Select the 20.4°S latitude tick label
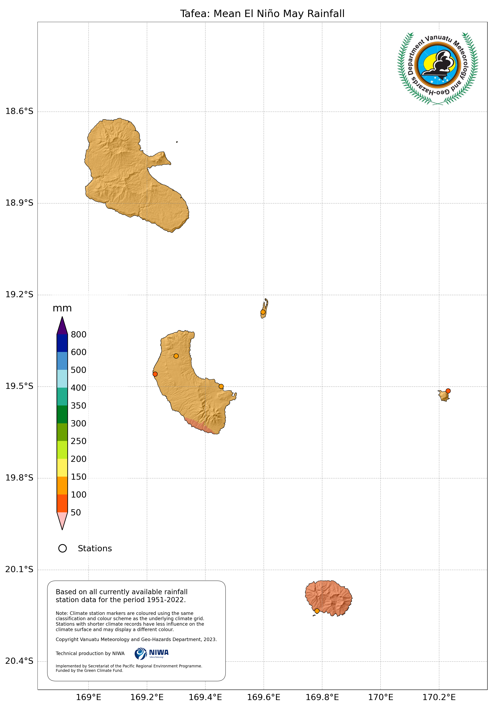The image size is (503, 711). [x=19, y=661]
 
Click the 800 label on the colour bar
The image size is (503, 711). [x=78, y=335]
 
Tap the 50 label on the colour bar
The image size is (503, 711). [x=76, y=513]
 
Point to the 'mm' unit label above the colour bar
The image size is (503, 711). [x=62, y=308]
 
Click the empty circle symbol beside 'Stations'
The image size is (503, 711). [x=63, y=548]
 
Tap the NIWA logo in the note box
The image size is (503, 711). [x=152, y=653]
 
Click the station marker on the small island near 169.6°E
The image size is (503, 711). [x=263, y=312]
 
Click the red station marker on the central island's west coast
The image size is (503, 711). [x=155, y=374]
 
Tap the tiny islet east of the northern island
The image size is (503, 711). [x=177, y=142]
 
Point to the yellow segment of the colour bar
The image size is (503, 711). [x=62, y=468]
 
